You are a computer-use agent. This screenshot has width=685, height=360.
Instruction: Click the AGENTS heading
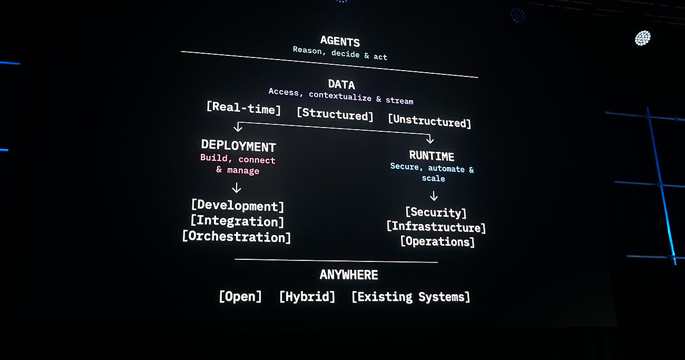click(340, 41)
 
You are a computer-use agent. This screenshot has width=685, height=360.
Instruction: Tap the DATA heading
click(341, 84)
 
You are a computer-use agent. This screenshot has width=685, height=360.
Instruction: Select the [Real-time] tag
click(244, 108)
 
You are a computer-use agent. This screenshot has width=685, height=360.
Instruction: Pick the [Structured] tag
click(335, 114)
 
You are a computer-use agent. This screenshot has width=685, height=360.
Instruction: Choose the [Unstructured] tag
click(429, 121)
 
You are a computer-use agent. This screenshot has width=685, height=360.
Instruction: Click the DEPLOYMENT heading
click(239, 146)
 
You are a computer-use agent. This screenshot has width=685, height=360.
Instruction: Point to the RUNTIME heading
click(432, 155)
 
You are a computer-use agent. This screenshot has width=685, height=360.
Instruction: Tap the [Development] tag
click(238, 206)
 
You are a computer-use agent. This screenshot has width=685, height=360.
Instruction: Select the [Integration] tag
click(237, 221)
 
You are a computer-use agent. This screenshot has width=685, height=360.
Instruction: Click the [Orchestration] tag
click(237, 237)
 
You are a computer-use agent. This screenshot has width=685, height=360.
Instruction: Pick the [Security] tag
click(436, 212)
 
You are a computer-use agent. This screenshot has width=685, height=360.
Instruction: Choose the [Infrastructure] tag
click(436, 227)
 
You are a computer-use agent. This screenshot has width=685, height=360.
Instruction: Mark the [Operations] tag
click(437, 241)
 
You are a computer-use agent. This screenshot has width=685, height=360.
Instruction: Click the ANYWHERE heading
click(349, 275)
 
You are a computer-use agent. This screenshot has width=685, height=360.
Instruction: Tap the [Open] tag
click(240, 296)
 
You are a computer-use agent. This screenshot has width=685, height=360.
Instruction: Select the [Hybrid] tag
click(307, 296)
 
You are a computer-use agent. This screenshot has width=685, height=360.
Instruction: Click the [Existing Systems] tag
click(410, 297)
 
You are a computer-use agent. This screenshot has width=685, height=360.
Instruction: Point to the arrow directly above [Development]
click(237, 188)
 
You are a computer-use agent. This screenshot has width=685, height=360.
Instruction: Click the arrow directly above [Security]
click(434, 196)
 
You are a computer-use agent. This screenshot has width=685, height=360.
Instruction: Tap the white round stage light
click(642, 38)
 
